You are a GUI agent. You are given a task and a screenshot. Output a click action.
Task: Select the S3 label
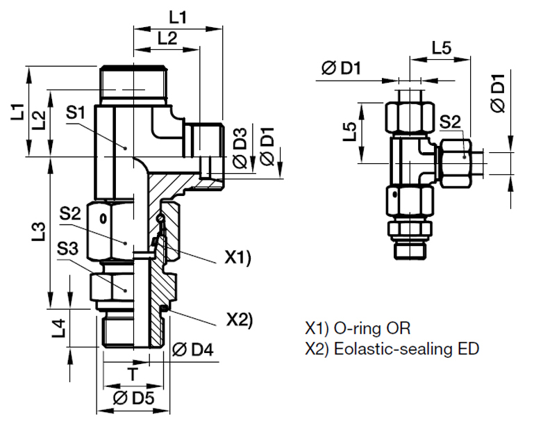coord(67,248)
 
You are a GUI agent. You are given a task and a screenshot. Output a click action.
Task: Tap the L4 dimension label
coord(60,327)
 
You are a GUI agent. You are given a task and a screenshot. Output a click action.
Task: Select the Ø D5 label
coord(131,399)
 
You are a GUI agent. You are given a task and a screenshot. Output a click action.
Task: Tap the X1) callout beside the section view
coord(237,257)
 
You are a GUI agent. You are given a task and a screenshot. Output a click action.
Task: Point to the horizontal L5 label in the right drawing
coord(442,49)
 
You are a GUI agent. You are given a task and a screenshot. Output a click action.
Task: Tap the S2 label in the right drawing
coord(449,123)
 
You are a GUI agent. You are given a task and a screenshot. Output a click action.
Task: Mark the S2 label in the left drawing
coord(69,213)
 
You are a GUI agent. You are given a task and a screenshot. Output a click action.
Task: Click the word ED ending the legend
coord(469,349)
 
